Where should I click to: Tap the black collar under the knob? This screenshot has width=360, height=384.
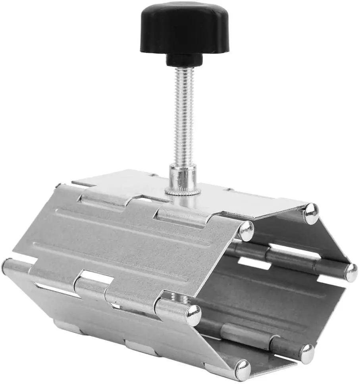click(x=184, y=60)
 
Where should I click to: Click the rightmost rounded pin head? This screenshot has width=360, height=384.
click(x=351, y=273)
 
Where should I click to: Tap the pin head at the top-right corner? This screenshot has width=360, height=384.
click(x=311, y=214)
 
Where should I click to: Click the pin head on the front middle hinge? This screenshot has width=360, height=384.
click(x=193, y=315)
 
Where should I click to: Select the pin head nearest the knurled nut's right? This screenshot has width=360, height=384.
click(x=246, y=231)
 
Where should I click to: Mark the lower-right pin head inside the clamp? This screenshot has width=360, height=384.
click(x=306, y=353)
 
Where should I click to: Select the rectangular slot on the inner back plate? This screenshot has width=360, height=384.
click(x=254, y=262)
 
